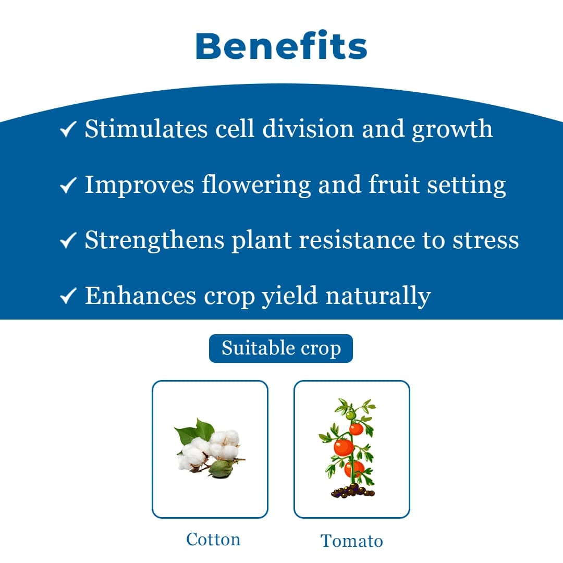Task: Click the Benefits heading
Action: pos(281,46)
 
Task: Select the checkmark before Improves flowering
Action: pos(69,185)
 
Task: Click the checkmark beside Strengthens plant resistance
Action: pos(69,240)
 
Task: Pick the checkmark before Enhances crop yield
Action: pos(69,296)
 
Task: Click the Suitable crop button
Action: pos(281,348)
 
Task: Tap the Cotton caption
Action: pos(213,539)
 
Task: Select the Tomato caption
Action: pos(351,541)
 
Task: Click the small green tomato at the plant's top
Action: pos(351,414)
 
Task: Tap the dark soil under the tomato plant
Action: pos(353,491)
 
